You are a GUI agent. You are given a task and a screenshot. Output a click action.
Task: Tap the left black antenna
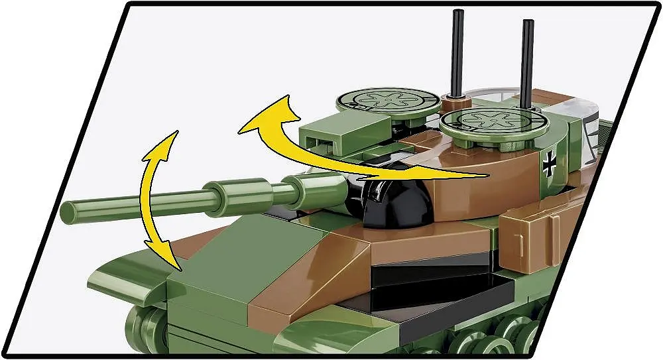(x=457, y=53)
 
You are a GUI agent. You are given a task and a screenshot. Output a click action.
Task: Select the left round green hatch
(x=387, y=101)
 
